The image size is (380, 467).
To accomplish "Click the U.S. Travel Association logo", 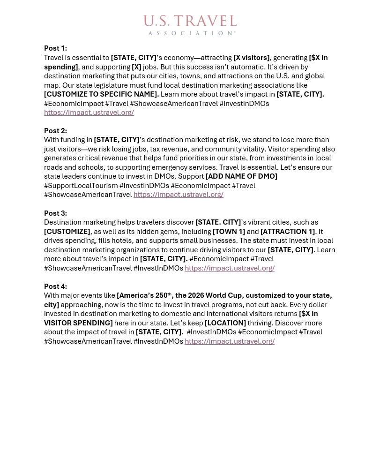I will [x=190, y=25].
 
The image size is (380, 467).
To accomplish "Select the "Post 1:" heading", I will [x=55, y=48].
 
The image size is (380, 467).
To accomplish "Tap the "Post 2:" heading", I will [x=55, y=131].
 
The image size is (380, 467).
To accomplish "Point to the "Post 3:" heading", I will [x=55, y=213].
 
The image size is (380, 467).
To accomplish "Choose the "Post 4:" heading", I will [x=55, y=286].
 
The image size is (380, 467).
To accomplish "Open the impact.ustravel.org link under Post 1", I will [x=89, y=113].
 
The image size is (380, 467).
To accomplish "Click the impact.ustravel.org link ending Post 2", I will [x=178, y=195].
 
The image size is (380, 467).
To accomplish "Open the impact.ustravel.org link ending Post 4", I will [x=230, y=341].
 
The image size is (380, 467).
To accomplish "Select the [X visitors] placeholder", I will [x=251, y=58].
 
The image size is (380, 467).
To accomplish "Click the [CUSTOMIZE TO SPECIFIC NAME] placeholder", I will [x=101, y=94].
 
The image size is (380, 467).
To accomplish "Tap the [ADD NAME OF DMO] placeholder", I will [x=241, y=176].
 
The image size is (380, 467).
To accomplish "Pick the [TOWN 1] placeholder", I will [x=229, y=232].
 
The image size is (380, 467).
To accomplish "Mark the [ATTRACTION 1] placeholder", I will [x=288, y=232].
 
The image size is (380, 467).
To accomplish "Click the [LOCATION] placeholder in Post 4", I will [x=225, y=323].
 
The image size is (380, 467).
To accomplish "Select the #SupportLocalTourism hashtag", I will [x=81, y=186].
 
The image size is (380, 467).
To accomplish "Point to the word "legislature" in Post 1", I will [x=101, y=85].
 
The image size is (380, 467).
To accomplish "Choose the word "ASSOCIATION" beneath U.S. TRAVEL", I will [x=191, y=33].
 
